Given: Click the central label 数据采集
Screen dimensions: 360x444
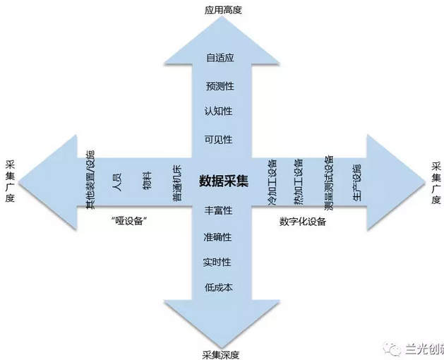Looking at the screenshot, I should [x=223, y=181].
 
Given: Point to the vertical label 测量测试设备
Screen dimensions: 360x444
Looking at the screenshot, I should [x=329, y=183].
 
